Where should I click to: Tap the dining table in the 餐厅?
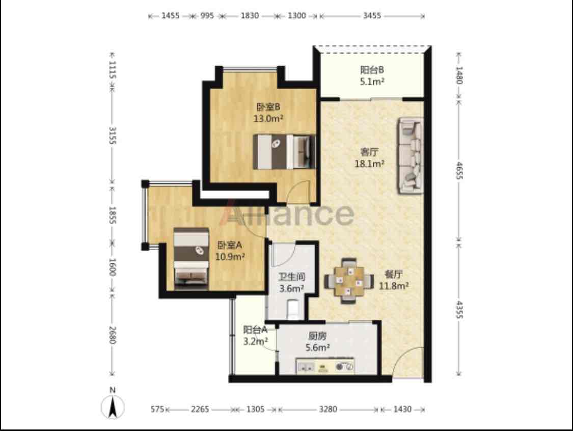point(349,281)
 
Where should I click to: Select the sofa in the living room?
point(411,155)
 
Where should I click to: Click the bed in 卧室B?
point(284,152)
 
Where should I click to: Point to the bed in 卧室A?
point(191,258)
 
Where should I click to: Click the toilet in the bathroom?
point(293,309)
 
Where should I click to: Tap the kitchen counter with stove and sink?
point(325,366)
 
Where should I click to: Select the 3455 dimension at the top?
point(372,16)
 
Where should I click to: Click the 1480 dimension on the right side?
point(459,75)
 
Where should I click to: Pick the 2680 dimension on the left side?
point(112,335)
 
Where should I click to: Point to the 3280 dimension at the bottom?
point(328,409)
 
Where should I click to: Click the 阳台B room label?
point(372,69)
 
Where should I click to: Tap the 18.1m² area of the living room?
point(369,164)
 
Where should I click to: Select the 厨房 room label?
point(317,336)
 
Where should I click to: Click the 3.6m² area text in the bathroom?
point(292,288)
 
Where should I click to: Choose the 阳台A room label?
point(255,330)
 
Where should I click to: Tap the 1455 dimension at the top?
point(171,16)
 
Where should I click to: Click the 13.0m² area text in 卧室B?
point(268,119)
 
